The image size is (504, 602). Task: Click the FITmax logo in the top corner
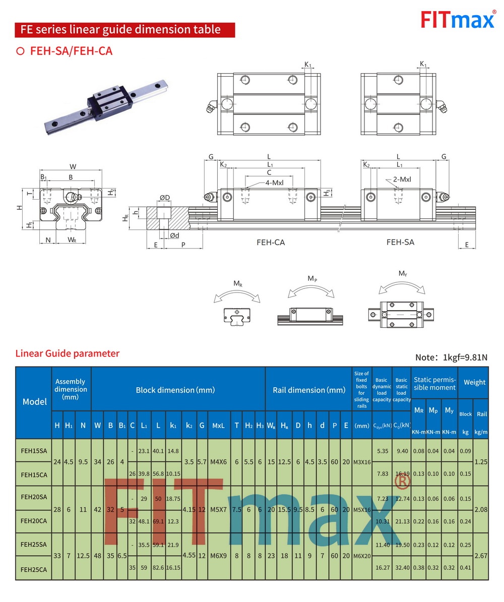click(x=458, y=21)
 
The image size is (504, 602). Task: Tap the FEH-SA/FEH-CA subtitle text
click(x=71, y=51)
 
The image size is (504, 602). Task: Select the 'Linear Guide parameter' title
click(x=68, y=353)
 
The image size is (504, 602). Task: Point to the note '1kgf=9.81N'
click(x=451, y=357)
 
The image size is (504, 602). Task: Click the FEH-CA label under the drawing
click(x=271, y=242)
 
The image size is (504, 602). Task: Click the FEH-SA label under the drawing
click(x=400, y=242)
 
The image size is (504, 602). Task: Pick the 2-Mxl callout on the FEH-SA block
click(x=402, y=179)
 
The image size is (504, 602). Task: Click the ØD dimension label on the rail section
click(x=164, y=197)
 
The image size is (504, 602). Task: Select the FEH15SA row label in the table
click(x=34, y=451)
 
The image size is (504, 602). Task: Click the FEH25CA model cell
click(x=34, y=569)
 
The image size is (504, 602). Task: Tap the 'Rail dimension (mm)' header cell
click(x=309, y=390)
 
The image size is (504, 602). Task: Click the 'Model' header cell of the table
click(x=34, y=402)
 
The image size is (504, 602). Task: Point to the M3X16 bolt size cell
click(x=361, y=462)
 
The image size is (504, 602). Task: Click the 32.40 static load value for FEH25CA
click(x=402, y=568)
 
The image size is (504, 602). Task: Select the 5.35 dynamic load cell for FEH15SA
click(x=382, y=451)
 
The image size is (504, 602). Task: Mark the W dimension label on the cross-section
click(x=73, y=166)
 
